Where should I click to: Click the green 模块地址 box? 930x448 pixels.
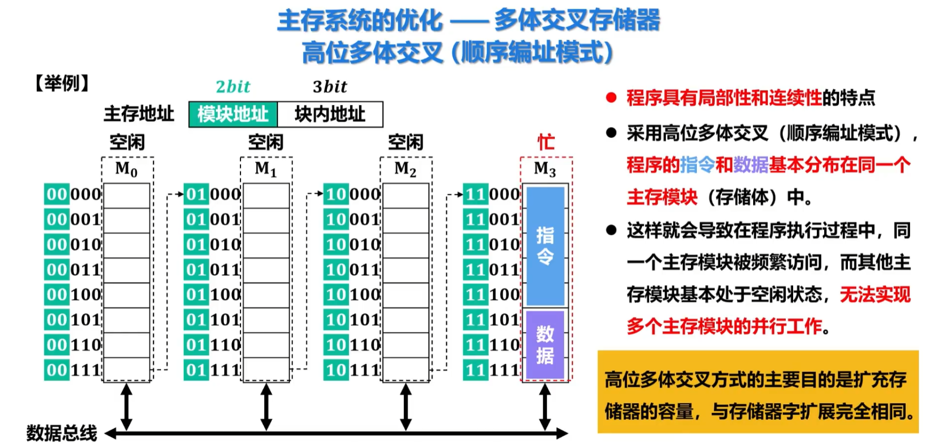point(233,114)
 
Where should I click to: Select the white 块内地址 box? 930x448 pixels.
point(330,114)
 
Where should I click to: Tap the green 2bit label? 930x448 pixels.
point(233,86)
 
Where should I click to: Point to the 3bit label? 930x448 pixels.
point(330,86)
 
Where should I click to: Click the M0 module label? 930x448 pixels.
point(126,169)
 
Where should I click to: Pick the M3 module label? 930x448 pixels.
point(545,169)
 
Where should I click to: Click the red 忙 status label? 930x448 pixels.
point(546,142)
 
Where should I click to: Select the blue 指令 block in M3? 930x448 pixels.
point(545,245)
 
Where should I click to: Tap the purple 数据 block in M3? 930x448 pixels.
point(545,344)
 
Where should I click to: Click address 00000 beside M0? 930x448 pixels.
point(73,194)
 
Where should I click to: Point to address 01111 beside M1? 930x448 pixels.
point(212,370)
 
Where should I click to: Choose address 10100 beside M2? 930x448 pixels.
point(352,294)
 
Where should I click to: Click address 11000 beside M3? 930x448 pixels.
point(492,194)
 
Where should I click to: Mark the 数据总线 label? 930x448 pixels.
point(62,433)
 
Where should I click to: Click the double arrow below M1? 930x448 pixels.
point(266,406)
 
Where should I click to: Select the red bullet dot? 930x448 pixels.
point(611,98)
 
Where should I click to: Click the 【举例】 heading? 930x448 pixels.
point(62,83)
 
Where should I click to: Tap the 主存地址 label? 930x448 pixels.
point(138,114)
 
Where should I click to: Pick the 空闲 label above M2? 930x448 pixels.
point(405,142)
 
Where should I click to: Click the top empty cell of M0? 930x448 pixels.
point(126,195)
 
